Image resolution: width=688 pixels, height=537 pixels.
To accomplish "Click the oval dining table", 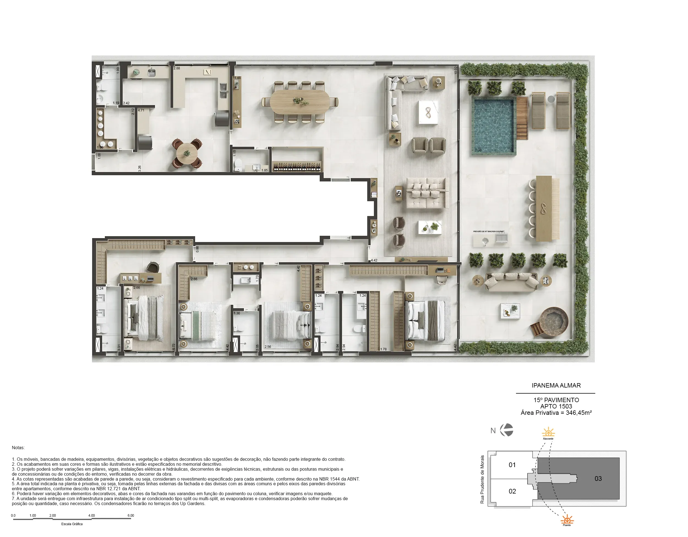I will [x=300, y=102].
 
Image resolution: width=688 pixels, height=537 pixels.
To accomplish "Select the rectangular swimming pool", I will [x=494, y=125].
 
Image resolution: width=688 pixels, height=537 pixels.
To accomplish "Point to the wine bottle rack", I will [x=297, y=167].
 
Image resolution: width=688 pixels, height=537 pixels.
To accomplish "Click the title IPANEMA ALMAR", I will [x=556, y=385].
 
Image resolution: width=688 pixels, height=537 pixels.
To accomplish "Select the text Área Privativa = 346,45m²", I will [x=556, y=413].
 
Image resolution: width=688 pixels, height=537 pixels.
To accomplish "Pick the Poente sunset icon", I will [x=567, y=519].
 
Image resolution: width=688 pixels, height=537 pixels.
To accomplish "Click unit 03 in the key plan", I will [x=598, y=478].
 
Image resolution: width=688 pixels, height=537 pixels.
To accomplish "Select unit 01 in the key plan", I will [x=512, y=465].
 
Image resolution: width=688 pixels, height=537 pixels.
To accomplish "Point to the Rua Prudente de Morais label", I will [x=482, y=479].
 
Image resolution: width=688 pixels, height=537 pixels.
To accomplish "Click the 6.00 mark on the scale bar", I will [x=131, y=516].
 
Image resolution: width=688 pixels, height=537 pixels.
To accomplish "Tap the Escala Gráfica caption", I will [x=72, y=524].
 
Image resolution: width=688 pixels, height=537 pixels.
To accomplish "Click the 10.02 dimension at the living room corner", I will [x=455, y=70].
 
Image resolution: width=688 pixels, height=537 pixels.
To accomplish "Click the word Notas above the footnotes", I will [x=18, y=448].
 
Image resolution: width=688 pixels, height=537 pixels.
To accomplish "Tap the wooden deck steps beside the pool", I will [x=522, y=118].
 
